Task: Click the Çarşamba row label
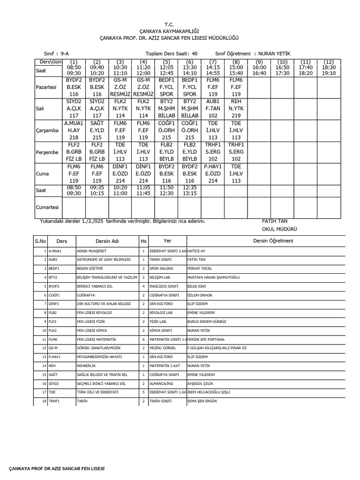point(47,131)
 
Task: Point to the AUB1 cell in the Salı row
point(213,108)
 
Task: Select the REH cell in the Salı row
point(236,108)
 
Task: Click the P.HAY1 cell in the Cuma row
point(213,173)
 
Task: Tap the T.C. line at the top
point(169,23)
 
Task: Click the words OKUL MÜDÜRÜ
point(279,229)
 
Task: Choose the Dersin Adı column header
point(107,241)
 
